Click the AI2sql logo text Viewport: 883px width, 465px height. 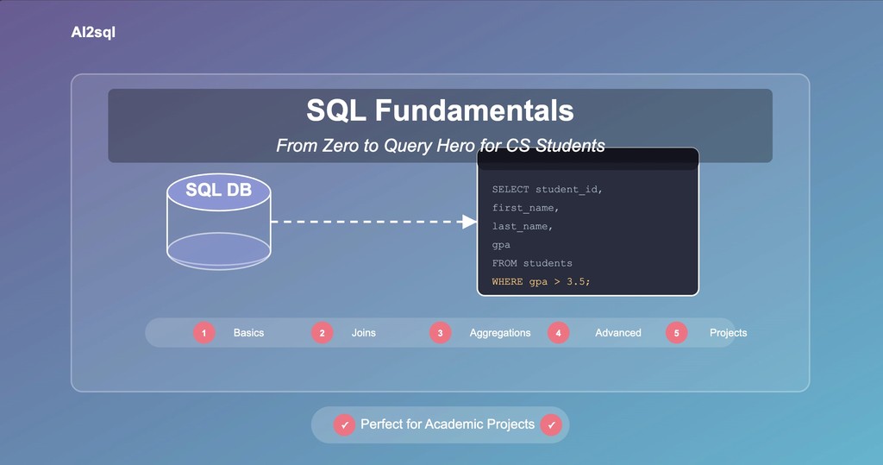(93, 33)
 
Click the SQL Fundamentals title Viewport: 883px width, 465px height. (440, 110)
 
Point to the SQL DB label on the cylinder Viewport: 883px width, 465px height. (219, 190)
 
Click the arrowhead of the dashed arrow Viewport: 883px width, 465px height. (469, 222)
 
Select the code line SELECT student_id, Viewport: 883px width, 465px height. (547, 189)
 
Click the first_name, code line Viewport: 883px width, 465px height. (525, 208)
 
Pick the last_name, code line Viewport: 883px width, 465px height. (522, 226)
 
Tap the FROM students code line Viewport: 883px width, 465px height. (532, 263)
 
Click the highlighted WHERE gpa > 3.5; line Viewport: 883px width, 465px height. (541, 282)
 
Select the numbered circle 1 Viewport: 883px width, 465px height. (204, 333)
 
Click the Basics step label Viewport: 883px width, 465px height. (248, 333)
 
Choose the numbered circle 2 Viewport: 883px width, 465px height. (323, 333)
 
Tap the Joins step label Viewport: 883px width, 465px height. (363, 333)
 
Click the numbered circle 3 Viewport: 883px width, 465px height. (441, 333)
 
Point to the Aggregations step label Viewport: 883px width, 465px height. (500, 333)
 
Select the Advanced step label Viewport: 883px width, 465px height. (618, 333)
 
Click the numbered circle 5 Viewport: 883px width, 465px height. (677, 333)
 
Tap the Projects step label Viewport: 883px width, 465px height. (728, 333)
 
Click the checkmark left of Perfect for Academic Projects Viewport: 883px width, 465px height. (344, 425)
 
